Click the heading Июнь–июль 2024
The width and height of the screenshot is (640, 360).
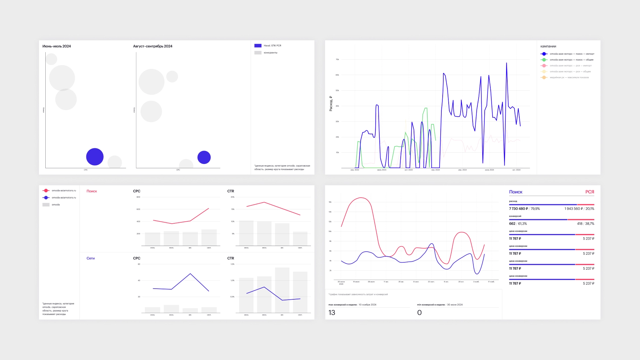click(x=57, y=46)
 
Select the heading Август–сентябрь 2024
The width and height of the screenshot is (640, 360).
click(x=153, y=46)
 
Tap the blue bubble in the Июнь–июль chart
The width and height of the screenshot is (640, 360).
click(x=95, y=157)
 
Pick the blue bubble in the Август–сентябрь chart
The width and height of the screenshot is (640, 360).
click(x=204, y=157)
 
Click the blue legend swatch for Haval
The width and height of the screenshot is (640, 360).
click(x=258, y=46)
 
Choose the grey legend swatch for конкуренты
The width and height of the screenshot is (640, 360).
click(x=258, y=53)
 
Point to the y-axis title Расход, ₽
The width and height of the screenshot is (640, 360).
click(x=331, y=104)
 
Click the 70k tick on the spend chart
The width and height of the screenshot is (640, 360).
click(x=337, y=60)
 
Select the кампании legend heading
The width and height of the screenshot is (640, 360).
click(x=548, y=46)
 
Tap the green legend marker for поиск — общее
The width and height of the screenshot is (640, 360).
click(x=544, y=60)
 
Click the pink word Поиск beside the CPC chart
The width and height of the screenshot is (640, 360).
click(x=92, y=191)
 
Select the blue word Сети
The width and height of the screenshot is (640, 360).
click(x=91, y=258)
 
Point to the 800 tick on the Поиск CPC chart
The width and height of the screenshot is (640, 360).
click(x=138, y=197)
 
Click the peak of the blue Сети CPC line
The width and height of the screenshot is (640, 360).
click(x=190, y=274)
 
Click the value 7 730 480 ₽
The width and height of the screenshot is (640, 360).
click(x=518, y=209)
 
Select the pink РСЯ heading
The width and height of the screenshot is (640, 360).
click(x=589, y=192)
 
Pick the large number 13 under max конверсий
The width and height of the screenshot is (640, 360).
click(x=332, y=313)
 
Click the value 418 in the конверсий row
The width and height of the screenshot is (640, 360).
click(x=580, y=224)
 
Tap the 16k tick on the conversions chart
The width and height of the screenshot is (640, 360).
click(x=330, y=202)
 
